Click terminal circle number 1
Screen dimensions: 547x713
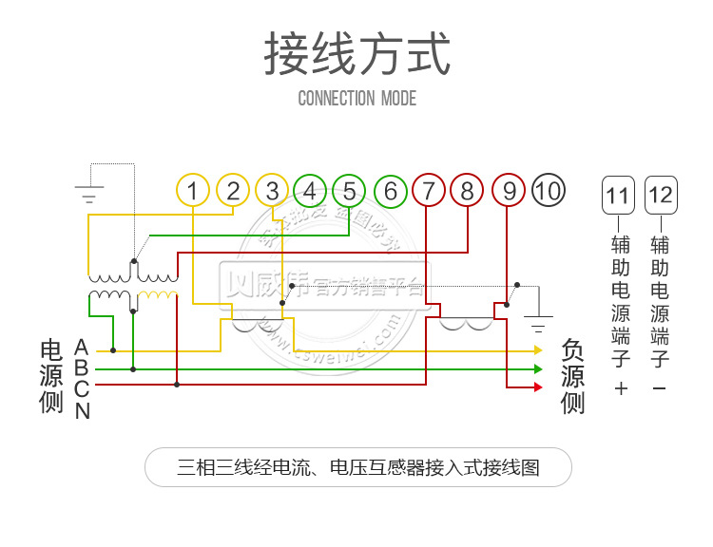click(193, 191)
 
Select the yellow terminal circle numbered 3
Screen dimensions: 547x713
click(272, 191)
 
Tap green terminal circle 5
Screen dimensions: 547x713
click(350, 191)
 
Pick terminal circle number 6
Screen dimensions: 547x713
click(390, 191)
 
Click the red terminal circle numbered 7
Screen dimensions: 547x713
click(429, 191)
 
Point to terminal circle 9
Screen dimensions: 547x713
click(509, 191)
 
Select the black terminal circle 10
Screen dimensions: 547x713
click(549, 191)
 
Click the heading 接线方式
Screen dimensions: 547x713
click(356, 54)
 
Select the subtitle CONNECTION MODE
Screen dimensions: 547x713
click(356, 98)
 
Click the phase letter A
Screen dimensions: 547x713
click(82, 347)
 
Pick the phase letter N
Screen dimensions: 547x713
click(82, 411)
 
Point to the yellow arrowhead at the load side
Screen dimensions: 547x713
click(537, 350)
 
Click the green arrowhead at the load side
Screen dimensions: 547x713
click(537, 368)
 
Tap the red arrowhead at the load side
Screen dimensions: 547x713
click(537, 387)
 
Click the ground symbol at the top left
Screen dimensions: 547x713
click(89, 194)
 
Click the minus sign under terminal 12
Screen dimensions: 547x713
click(660, 388)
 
